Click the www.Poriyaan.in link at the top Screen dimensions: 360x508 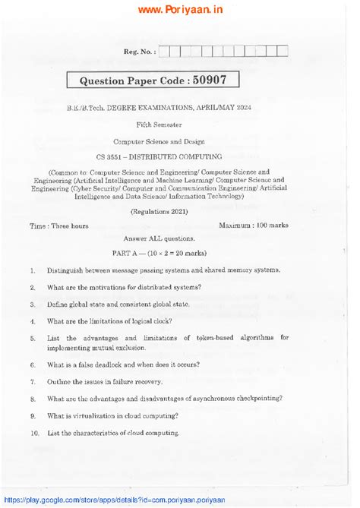pos(179,10)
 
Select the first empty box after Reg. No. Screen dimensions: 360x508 pos(165,52)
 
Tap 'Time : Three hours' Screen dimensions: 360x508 pos(58,226)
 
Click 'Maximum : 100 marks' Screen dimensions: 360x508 pos(253,226)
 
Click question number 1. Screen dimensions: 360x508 pos(33,271)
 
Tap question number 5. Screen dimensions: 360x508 pos(33,339)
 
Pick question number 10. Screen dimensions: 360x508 pos(35,433)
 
